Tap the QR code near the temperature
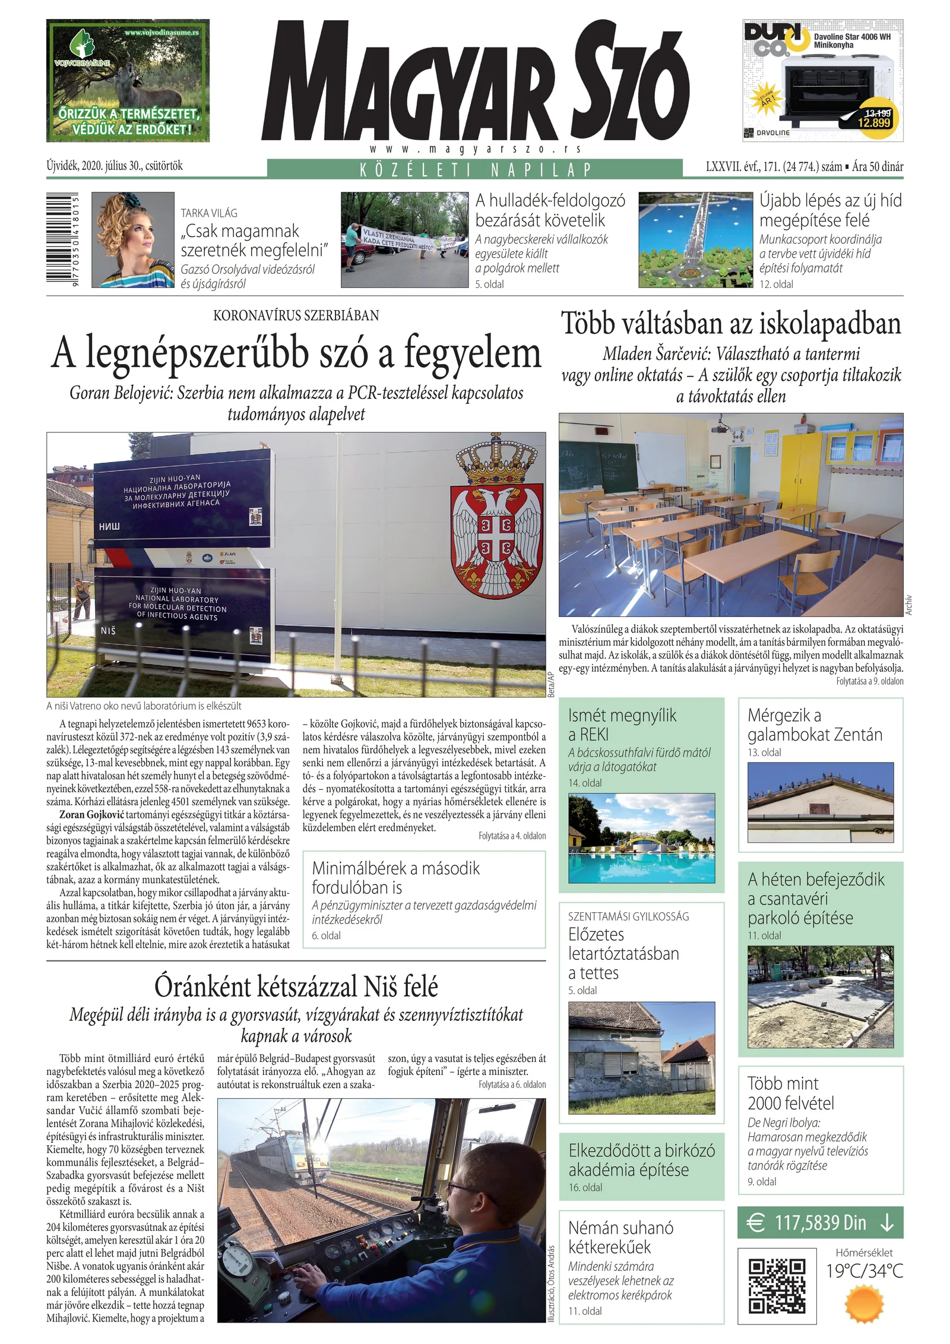(777, 1286)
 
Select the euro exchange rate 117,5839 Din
(820, 1223)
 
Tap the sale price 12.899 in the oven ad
(874, 122)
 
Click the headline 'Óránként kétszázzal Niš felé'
(296, 986)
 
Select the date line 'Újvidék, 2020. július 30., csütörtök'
(115, 166)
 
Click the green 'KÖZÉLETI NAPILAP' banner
(475, 169)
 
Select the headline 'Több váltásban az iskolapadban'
(731, 324)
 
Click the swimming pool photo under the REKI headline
(641, 839)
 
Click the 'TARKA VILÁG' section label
(209, 213)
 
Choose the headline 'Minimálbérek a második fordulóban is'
(395, 878)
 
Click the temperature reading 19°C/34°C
(864, 1270)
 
